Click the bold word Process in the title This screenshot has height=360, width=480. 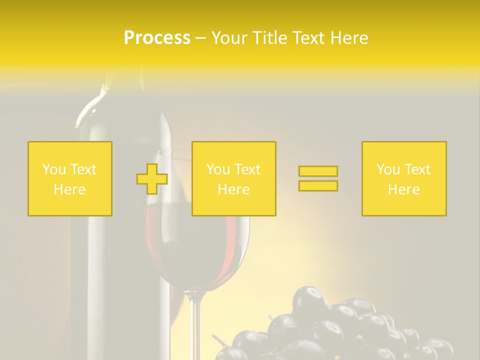click(x=157, y=38)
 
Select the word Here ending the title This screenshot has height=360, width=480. click(x=349, y=38)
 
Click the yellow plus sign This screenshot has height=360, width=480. click(x=152, y=178)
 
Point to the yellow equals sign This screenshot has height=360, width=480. click(x=318, y=178)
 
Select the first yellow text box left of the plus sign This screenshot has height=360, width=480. click(x=70, y=178)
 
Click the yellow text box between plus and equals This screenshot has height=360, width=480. click(x=233, y=178)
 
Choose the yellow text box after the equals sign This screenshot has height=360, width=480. click(x=404, y=178)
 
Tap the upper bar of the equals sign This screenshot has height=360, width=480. click(x=318, y=171)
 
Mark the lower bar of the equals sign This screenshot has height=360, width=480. click(x=318, y=185)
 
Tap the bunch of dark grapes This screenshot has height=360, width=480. click(x=340, y=325)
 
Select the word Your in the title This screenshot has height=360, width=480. click(x=230, y=38)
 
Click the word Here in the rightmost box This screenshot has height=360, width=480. click(x=404, y=189)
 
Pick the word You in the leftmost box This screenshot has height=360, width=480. click(x=53, y=169)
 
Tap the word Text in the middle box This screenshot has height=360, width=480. click(x=247, y=169)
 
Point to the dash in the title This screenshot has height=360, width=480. click(x=200, y=38)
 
